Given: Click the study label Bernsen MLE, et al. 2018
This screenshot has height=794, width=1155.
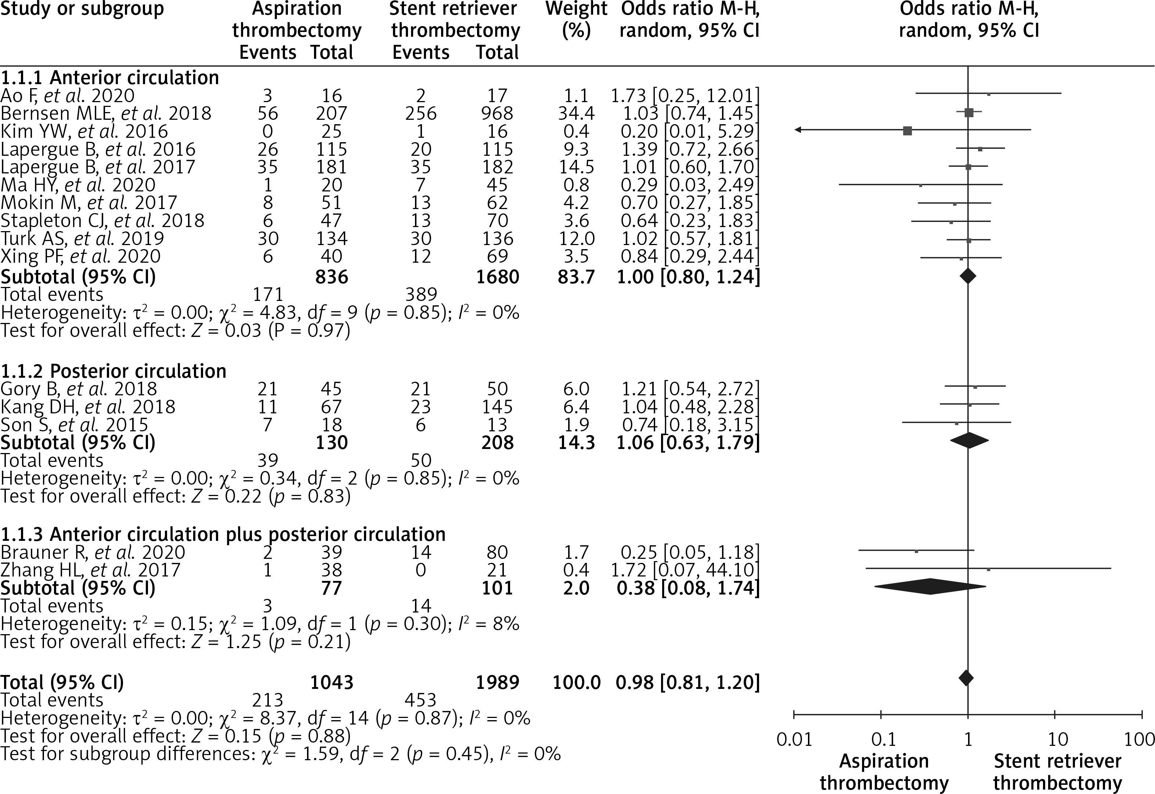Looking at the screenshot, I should click(x=105, y=114).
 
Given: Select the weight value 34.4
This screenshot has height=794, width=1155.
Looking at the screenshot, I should click(x=576, y=114).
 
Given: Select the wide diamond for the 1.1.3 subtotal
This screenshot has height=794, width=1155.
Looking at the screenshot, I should click(x=930, y=586).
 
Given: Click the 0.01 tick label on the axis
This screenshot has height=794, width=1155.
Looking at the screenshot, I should click(x=794, y=740).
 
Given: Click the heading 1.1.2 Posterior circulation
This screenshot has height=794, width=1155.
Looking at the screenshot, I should click(x=113, y=371).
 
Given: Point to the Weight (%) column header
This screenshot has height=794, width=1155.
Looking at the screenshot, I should click(x=576, y=20).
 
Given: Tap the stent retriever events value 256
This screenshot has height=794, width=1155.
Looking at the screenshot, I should click(x=421, y=114).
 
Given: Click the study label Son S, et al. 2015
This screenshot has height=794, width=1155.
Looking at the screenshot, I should click(x=75, y=425).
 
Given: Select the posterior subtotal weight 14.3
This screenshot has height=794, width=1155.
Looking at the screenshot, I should click(x=576, y=443).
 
